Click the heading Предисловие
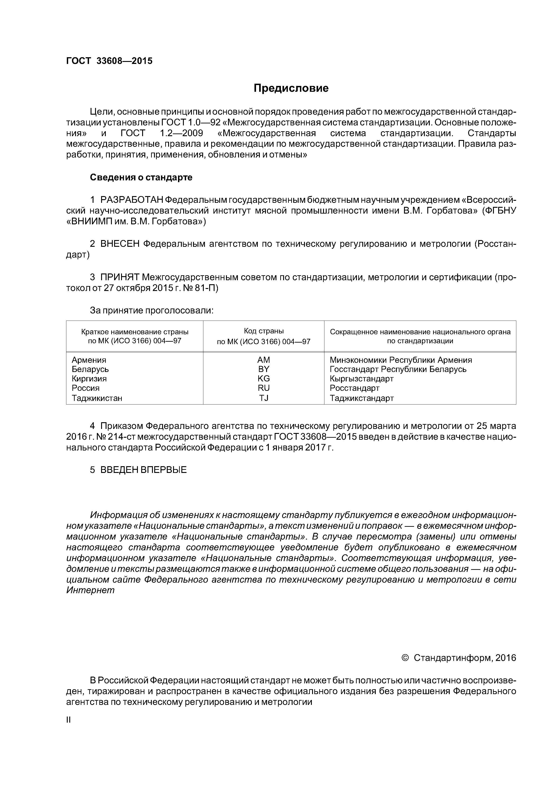[x=291, y=88]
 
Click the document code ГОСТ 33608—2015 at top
[x=109, y=61]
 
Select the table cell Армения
[x=89, y=360]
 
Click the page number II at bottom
[x=68, y=720]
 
